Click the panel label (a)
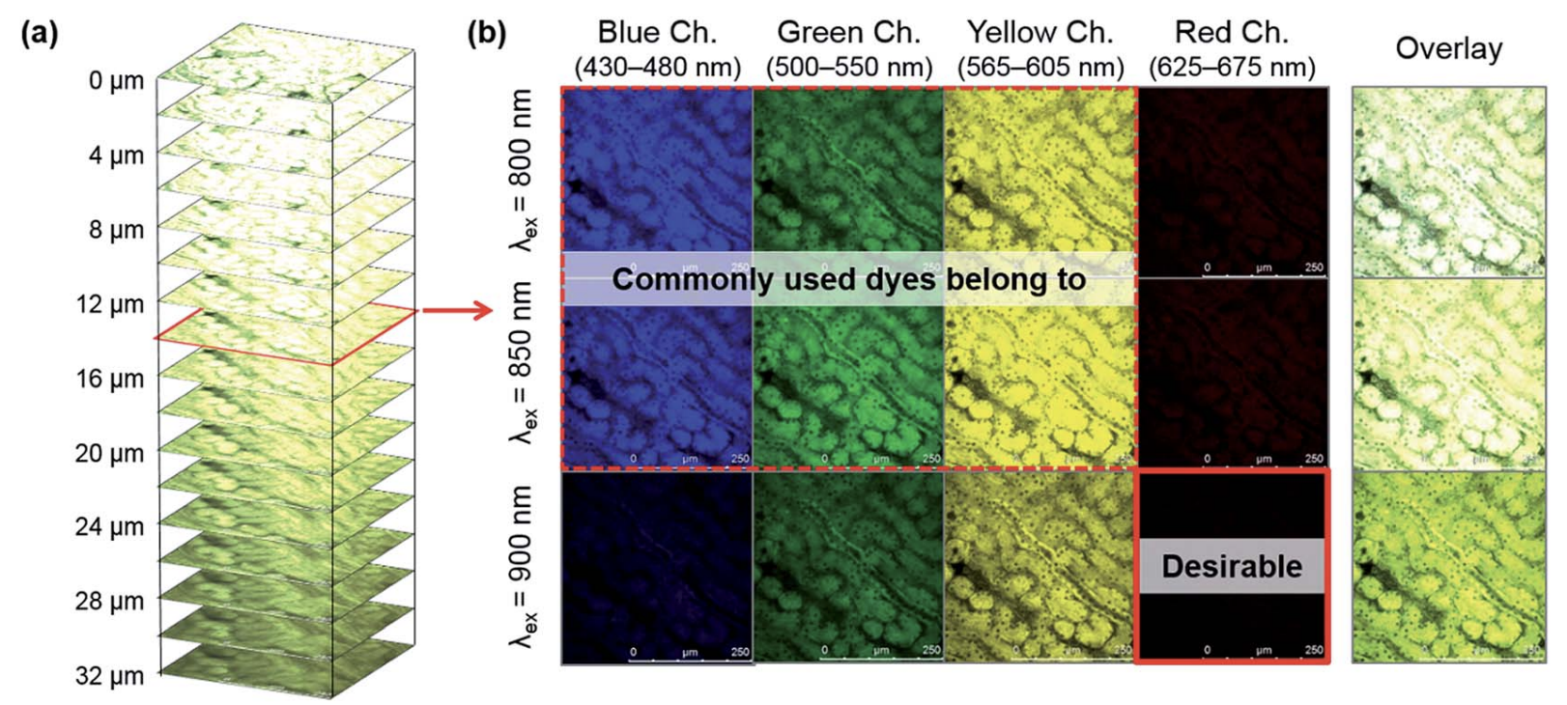[x=40, y=34]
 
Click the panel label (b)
[x=486, y=34]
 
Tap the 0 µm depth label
[x=116, y=81]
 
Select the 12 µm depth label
[x=109, y=304]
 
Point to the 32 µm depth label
[x=109, y=676]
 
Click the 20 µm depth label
[x=109, y=453]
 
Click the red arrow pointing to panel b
[x=458, y=311]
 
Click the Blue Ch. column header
[x=657, y=33]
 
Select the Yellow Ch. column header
[x=1040, y=33]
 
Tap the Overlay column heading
[x=1448, y=48]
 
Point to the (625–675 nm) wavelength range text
[x=1232, y=68]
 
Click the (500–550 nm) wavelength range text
[x=848, y=68]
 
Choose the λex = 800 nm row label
[x=522, y=170]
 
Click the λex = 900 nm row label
[x=522, y=566]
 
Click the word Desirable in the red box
[x=1232, y=566]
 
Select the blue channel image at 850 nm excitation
[x=657, y=386]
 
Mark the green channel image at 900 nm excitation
[x=848, y=566]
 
